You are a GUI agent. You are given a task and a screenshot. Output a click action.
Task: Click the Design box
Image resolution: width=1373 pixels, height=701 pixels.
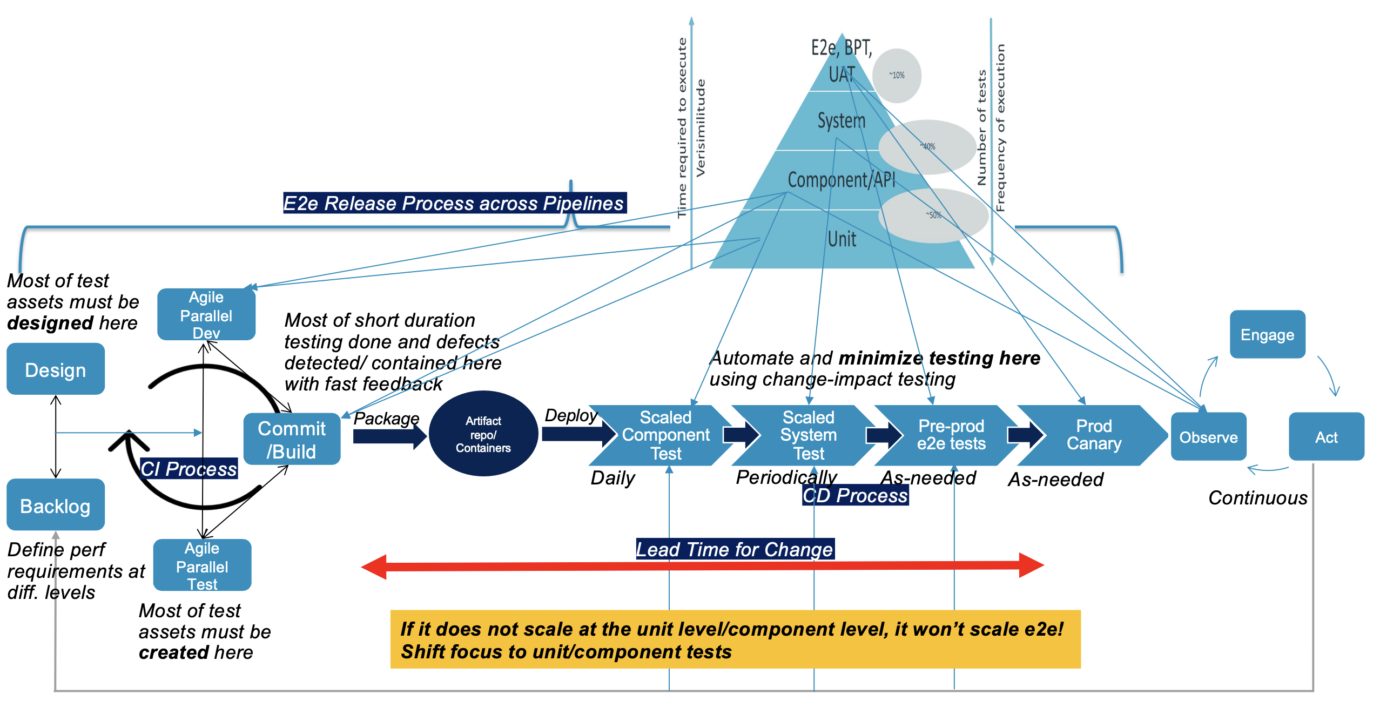tap(56, 369)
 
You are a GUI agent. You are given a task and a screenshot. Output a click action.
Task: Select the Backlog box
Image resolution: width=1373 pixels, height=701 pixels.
tap(56, 505)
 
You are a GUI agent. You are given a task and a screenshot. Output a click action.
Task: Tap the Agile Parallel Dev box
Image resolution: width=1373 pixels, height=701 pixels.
tap(206, 314)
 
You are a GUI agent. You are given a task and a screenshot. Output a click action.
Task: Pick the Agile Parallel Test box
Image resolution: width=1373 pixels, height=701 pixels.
tap(203, 565)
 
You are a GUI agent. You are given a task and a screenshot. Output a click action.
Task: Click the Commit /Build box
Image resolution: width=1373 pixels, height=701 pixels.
tap(292, 440)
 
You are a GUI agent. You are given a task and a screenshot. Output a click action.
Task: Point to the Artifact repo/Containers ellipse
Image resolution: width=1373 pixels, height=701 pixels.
tap(483, 434)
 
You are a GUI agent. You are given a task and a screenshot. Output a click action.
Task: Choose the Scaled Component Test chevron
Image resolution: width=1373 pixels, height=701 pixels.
tap(665, 435)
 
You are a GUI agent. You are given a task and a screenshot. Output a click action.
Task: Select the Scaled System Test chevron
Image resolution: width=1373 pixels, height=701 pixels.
tap(808, 435)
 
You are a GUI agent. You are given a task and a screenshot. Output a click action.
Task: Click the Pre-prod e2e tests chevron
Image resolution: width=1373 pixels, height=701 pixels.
tap(951, 435)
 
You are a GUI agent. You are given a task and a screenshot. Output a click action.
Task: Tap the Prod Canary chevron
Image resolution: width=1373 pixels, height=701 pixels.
tap(1094, 435)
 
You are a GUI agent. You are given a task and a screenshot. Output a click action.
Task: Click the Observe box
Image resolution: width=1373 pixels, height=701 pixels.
tap(1208, 437)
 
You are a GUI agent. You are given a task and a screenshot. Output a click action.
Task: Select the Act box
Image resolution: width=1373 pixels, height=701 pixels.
tap(1326, 437)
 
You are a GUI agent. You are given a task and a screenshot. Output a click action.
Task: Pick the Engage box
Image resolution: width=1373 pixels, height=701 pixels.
tap(1267, 335)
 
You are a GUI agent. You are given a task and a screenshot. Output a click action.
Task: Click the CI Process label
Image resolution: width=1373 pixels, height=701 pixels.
tap(189, 469)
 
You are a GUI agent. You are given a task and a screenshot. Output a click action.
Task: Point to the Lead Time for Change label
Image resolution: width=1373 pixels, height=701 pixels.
tap(735, 549)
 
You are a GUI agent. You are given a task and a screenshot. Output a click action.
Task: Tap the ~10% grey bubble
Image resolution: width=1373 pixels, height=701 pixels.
tap(897, 76)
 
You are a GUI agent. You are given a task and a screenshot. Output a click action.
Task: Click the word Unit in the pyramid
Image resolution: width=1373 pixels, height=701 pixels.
tap(842, 239)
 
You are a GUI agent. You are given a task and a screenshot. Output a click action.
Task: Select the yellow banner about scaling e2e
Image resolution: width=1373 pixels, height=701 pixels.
tap(735, 640)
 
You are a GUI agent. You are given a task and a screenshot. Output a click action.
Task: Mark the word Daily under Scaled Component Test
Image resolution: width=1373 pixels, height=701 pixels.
tap(613, 478)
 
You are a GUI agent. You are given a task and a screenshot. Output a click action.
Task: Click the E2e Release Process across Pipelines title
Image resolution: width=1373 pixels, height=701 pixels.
tap(454, 203)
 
